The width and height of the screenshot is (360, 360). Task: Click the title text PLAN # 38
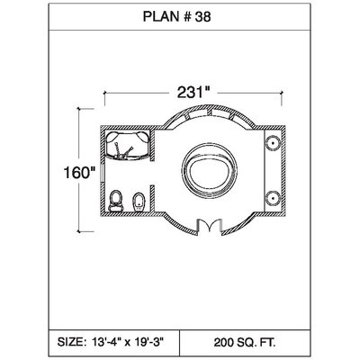point(176,16)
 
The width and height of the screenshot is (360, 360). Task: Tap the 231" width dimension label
point(193,92)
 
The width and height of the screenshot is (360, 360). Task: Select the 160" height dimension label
point(79,173)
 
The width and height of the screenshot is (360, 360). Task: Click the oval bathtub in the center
point(210,171)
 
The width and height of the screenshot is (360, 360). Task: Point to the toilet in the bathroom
point(116,201)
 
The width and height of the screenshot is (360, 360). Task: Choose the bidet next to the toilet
point(139,202)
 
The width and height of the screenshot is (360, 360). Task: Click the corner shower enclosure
point(127,145)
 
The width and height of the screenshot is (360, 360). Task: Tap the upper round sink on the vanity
point(273,143)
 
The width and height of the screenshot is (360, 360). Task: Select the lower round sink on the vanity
point(273,198)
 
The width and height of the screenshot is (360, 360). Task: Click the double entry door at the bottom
point(210,226)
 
